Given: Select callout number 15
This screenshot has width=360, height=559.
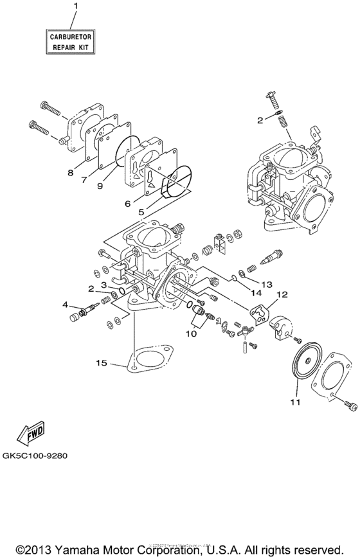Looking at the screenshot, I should (102, 364).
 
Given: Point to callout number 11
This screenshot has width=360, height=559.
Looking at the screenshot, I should (294, 402).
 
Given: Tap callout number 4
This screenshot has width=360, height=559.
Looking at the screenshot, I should (65, 304).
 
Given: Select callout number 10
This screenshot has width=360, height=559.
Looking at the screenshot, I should (192, 333).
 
